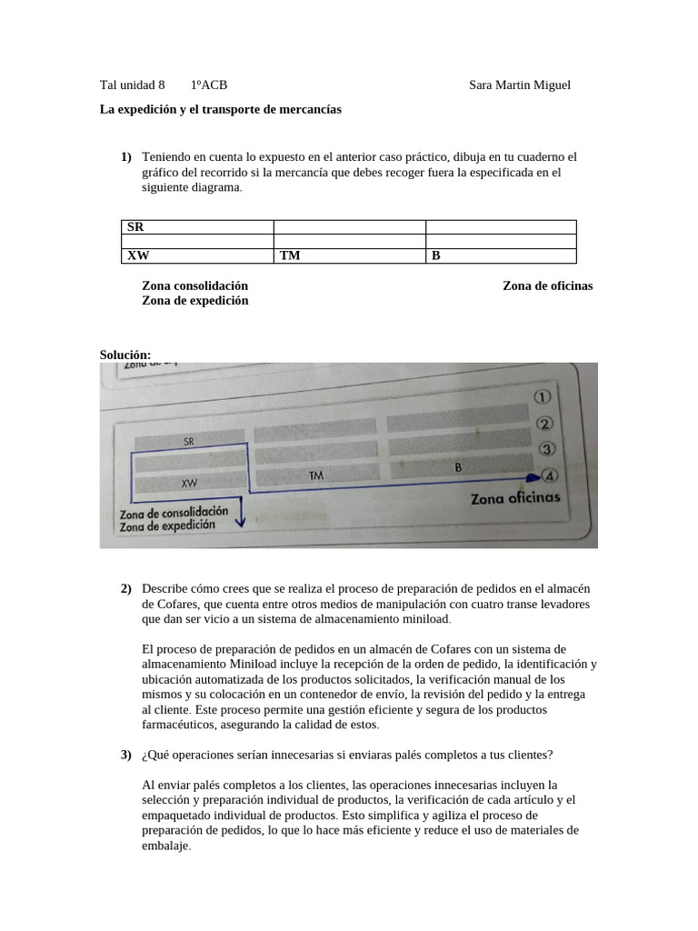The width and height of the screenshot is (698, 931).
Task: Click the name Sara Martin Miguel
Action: click(519, 85)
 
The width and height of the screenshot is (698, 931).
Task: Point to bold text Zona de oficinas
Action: click(547, 285)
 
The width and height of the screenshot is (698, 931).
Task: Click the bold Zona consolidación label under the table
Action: click(194, 285)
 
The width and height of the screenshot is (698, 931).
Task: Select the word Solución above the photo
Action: click(125, 355)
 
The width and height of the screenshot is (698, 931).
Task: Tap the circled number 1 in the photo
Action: click(543, 397)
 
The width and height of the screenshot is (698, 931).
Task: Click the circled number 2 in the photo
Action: click(545, 424)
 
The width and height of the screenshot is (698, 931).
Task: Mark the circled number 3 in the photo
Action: click(547, 449)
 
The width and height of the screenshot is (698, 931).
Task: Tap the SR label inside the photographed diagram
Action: click(189, 442)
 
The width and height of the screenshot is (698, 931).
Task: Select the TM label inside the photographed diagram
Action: click(316, 476)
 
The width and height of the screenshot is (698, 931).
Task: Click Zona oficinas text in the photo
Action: click(515, 498)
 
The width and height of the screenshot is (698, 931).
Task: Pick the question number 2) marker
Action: click(127, 590)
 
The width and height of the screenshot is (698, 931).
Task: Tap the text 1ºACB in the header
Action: click(209, 85)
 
